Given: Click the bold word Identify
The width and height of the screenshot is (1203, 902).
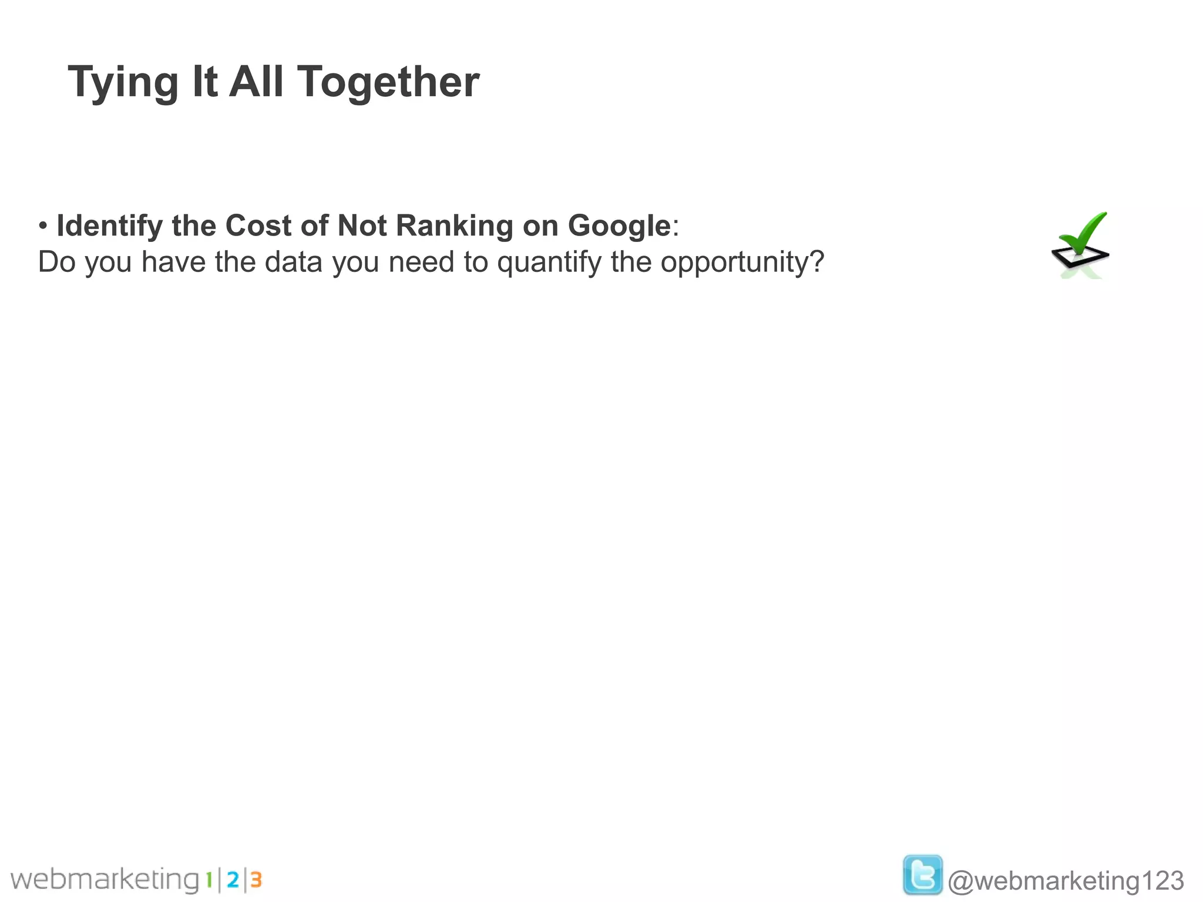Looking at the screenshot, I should pos(109,226).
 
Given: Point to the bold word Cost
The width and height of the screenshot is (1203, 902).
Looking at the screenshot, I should pos(258,225).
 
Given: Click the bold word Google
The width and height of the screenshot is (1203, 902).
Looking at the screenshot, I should pos(619,226).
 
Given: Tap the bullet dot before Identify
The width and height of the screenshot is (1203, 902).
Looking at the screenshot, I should pos(43,226).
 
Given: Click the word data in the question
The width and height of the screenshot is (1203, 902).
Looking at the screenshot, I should pos(293,262).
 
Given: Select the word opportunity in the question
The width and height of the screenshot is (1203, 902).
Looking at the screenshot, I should pos(742,262).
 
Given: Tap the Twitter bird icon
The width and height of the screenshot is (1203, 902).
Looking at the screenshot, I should pos(922,875).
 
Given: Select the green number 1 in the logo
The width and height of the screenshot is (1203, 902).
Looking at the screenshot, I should pos(209,880).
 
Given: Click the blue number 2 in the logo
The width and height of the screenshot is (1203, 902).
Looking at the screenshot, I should pos(233,880).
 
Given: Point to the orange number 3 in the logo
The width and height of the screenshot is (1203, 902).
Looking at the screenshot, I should pos(256,880).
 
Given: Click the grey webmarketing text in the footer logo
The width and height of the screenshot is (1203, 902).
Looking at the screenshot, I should pos(106,880).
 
